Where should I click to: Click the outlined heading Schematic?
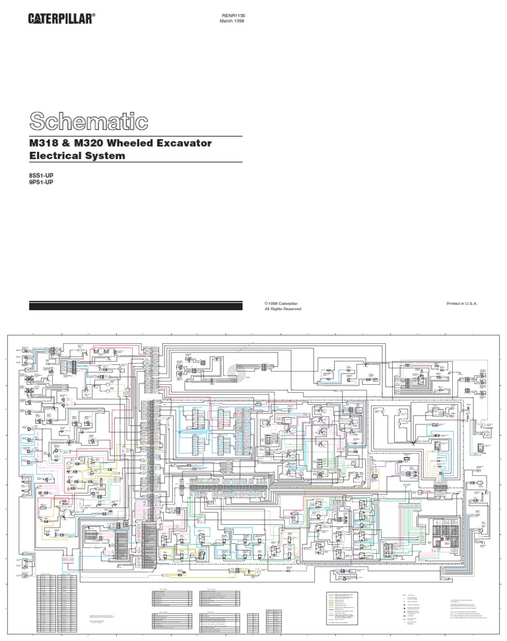[x=88, y=121]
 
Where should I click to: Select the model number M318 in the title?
[x=46, y=143]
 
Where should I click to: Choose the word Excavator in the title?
[x=188, y=143]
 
